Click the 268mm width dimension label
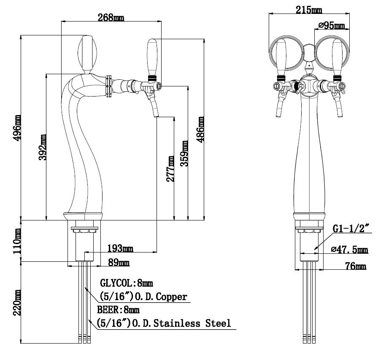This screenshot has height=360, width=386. click(x=111, y=17)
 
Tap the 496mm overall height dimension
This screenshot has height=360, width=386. click(x=17, y=127)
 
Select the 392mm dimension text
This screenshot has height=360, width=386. click(x=43, y=147)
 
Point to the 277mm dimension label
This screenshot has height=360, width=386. click(x=170, y=169)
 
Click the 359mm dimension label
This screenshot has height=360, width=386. click(x=184, y=153)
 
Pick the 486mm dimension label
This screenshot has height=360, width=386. click(x=200, y=129)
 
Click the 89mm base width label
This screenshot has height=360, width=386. click(x=119, y=263)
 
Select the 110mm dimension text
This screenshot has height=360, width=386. click(x=17, y=241)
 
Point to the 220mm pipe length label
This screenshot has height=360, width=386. click(x=17, y=303)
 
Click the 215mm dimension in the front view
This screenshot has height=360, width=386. click(x=309, y=10)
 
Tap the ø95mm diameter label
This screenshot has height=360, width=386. click(x=332, y=25)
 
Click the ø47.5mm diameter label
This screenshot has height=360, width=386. click(x=350, y=250)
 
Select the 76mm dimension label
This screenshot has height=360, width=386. click(x=356, y=266)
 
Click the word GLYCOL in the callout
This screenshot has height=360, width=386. click(x=116, y=283)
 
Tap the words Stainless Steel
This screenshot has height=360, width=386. click(x=192, y=323)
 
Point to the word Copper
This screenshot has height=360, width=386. click(x=171, y=296)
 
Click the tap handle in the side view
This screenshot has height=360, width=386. click(x=152, y=59)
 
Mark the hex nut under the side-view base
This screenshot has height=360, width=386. click(x=85, y=230)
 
